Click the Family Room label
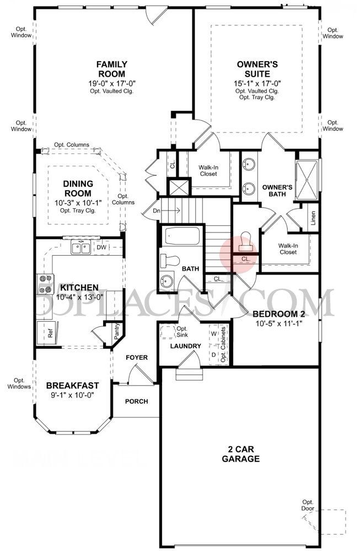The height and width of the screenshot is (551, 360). pyautogui.click(x=112, y=69)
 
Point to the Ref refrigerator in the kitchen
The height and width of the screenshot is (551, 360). pyautogui.click(x=50, y=333)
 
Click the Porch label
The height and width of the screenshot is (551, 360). pyautogui.click(x=136, y=401)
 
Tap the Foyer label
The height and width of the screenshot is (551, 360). pyautogui.click(x=136, y=358)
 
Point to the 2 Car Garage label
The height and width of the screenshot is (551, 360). pyautogui.click(x=241, y=453)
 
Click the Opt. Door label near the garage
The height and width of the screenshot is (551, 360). pyautogui.click(x=307, y=505)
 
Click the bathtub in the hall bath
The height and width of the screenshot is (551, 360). pyautogui.click(x=180, y=237)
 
